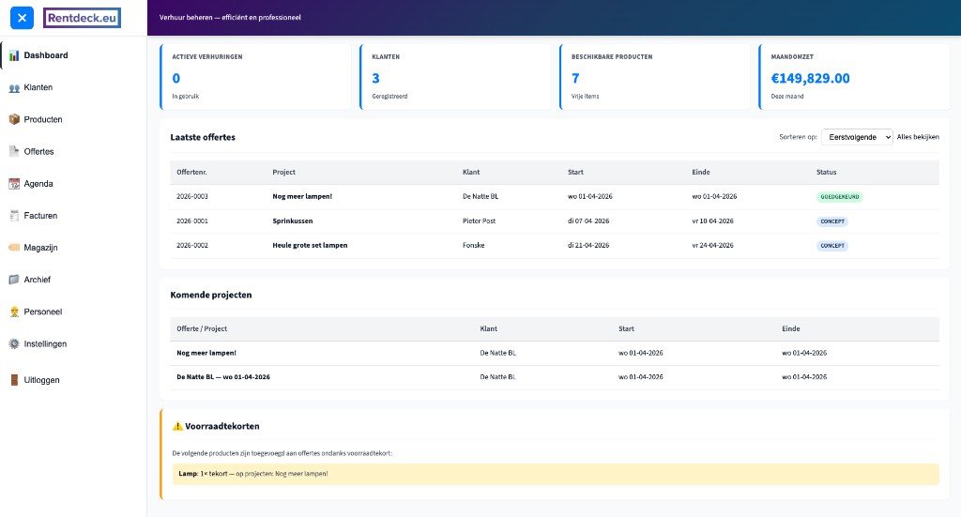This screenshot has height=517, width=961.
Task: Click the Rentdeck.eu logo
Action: [82, 17]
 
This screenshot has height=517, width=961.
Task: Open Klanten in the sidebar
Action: [38, 87]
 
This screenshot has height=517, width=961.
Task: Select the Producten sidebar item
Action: [42, 119]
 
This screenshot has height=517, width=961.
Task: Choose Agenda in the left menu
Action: [38, 184]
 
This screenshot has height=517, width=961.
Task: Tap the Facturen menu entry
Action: [40, 216]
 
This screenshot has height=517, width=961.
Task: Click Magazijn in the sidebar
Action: [41, 248]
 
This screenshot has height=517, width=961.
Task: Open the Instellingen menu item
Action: [45, 344]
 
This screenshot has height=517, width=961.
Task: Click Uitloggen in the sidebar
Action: [41, 380]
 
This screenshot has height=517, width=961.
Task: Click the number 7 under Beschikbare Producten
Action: [575, 78]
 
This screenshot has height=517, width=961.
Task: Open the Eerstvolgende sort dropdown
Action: [856, 137]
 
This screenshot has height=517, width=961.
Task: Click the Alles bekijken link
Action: [918, 137]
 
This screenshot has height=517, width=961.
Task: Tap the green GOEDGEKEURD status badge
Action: [838, 197]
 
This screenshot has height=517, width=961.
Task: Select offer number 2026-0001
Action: [192, 221]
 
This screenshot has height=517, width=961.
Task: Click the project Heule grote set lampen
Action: [310, 246]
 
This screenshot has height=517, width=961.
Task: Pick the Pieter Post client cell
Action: [479, 221]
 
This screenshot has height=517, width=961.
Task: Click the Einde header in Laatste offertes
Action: [701, 173]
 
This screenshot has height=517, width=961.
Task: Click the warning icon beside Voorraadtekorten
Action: [177, 426]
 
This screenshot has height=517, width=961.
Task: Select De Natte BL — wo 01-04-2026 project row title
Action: [223, 377]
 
